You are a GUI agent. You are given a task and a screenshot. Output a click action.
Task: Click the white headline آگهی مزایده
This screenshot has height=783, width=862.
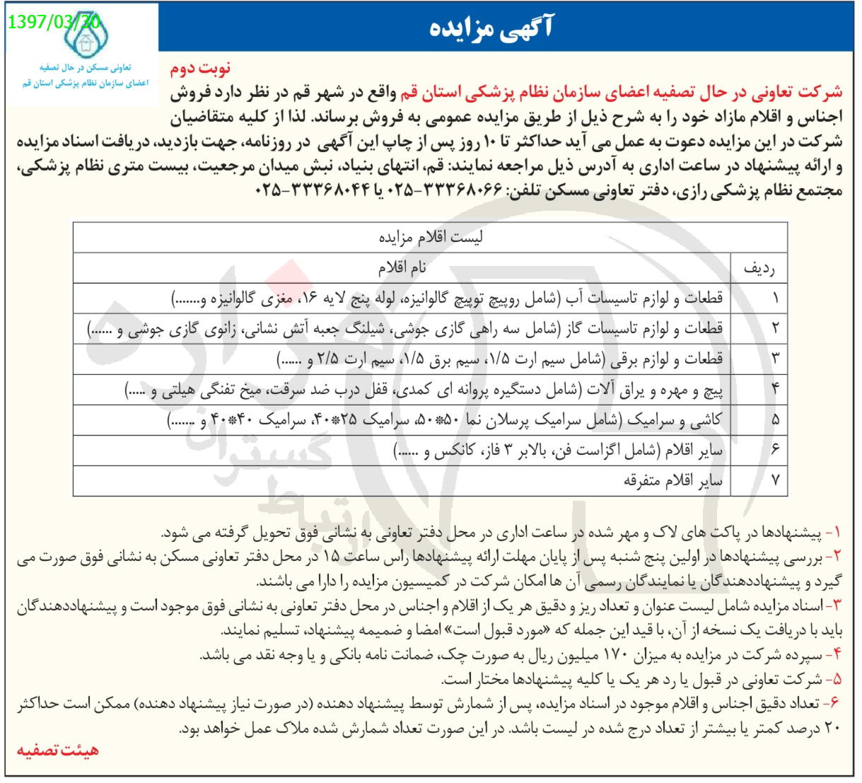[x=492, y=27]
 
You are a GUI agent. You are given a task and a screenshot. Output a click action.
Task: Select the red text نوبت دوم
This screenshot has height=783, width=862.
[x=200, y=71]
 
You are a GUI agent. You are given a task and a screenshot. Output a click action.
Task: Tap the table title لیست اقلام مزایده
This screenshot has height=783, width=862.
[x=430, y=238]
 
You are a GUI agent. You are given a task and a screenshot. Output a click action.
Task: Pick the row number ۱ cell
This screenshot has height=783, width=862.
[x=775, y=298]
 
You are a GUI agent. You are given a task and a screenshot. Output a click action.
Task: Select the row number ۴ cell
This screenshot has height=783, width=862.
[x=775, y=390]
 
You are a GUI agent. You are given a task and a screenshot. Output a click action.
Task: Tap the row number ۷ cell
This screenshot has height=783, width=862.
[x=775, y=481]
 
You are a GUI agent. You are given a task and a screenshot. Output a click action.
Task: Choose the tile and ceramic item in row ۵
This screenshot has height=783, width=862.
[x=445, y=420]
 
